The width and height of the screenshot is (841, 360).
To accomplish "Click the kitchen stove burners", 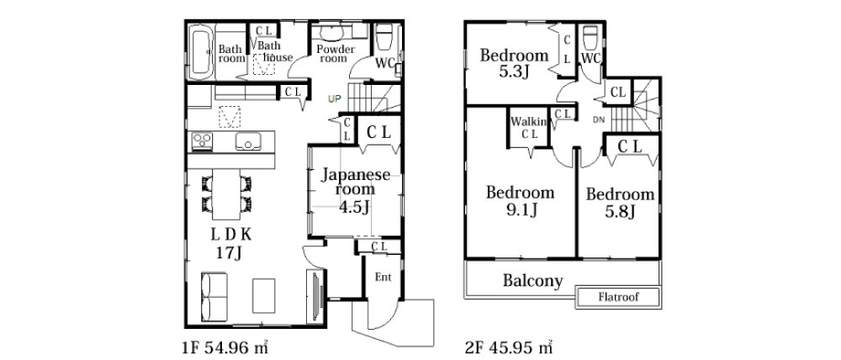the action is click(203, 140).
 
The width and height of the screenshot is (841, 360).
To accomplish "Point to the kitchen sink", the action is click(248, 141).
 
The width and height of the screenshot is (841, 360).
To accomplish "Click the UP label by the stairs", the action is click(335, 98).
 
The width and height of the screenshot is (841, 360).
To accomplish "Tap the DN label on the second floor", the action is click(599, 119).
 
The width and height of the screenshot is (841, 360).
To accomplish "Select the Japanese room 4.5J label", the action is click(355, 191).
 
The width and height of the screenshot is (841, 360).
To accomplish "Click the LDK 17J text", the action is click(231, 243).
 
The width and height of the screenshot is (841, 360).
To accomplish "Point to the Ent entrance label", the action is click(383, 278).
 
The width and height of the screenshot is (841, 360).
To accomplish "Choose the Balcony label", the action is click(533, 280).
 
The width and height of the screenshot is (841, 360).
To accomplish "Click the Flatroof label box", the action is click(618, 297).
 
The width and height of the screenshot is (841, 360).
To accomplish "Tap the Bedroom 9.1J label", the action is click(520, 201).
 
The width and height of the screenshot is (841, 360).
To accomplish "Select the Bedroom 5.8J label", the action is click(620, 202).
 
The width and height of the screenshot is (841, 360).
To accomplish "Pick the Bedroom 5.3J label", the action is click(514, 63).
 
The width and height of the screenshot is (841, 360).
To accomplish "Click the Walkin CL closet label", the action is click(528, 128).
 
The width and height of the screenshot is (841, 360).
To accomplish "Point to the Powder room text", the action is click(336, 54).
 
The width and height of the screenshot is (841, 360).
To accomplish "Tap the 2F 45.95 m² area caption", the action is click(509, 347).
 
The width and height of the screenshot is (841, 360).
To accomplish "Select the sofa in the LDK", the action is click(214, 297).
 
